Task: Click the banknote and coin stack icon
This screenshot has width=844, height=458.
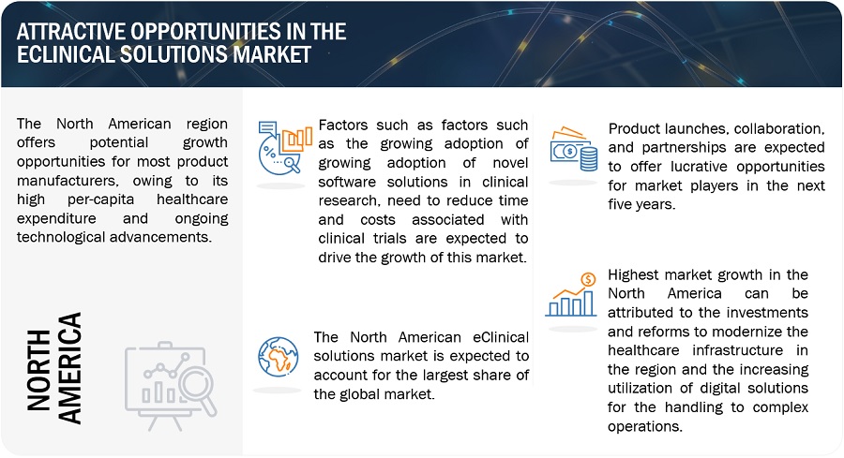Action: [573, 147]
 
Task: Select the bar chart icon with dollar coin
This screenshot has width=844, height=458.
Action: [571, 294]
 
